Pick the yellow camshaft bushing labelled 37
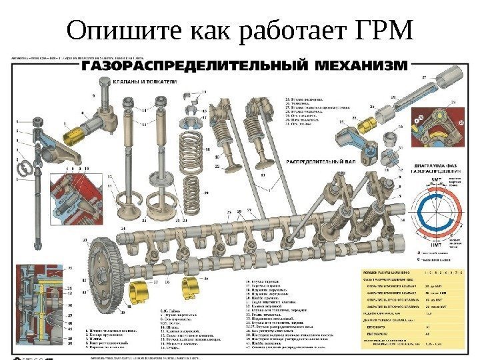click(x=137, y=289)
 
